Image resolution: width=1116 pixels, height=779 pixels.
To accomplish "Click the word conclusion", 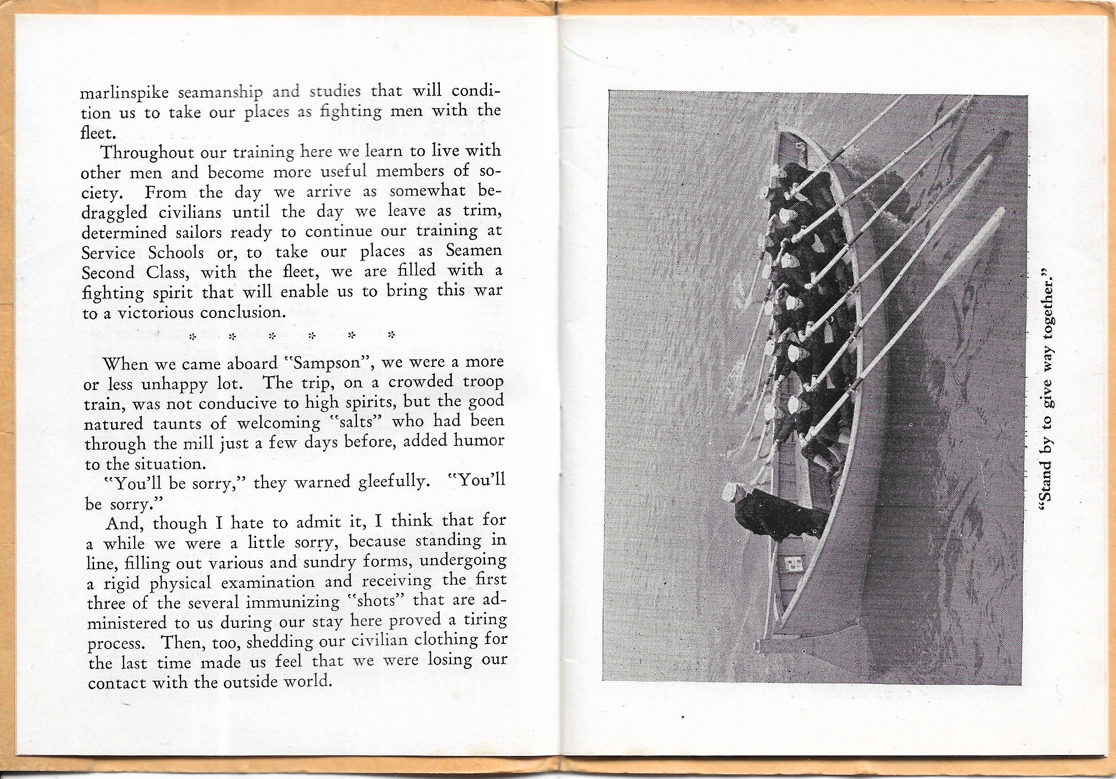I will coord(243,312).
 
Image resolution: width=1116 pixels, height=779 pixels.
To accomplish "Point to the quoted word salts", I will coord(355,422).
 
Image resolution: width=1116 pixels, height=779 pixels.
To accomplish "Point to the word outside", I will coord(251,681).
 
